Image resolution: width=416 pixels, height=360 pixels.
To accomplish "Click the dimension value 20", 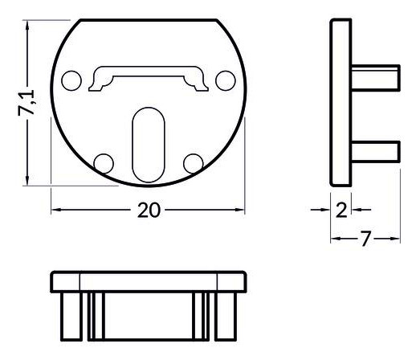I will click(148, 211).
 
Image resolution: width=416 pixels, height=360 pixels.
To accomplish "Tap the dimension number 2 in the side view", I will click(341, 211).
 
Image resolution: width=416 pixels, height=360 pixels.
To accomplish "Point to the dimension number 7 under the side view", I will click(365, 239).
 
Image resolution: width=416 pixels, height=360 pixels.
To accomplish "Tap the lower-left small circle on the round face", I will click(103, 163).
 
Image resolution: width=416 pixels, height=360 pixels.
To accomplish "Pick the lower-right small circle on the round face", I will click(192, 163).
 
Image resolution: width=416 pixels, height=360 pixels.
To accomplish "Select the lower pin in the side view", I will click(375, 150).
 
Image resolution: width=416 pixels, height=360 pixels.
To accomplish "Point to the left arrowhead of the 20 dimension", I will click(56, 211).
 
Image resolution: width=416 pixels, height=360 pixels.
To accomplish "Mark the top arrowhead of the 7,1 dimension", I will click(28, 26).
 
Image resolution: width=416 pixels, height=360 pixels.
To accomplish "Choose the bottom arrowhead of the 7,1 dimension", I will click(28, 180).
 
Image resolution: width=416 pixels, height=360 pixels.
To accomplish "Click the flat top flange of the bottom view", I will click(148, 281).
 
